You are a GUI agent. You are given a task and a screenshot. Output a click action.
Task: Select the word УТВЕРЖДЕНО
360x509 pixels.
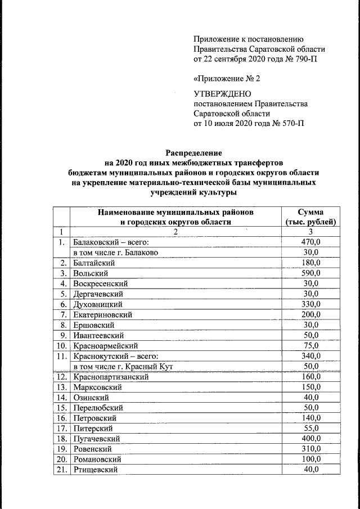point(222,94)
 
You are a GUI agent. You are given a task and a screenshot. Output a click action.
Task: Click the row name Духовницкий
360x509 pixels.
point(99,304)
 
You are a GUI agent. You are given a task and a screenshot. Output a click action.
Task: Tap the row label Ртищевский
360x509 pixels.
point(96,469)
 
